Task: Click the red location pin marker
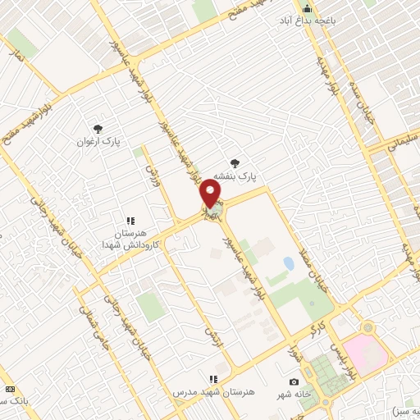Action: (211, 194)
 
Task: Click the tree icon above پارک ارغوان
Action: (98, 128)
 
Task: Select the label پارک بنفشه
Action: (235, 176)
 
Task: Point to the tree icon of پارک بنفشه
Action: (236, 162)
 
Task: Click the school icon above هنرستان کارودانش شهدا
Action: (130, 221)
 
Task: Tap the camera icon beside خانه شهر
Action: (294, 381)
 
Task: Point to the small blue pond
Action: (288, 264)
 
